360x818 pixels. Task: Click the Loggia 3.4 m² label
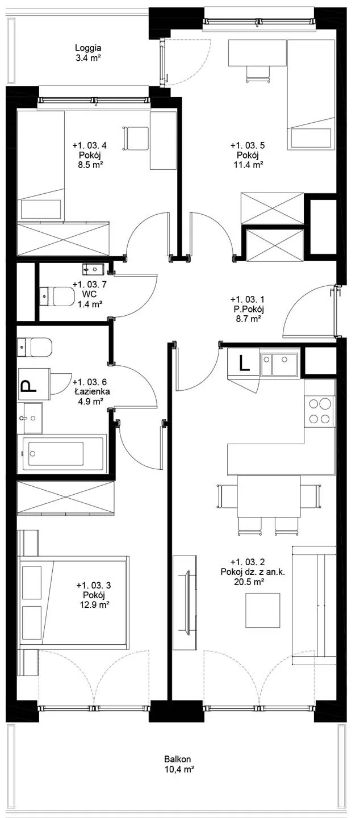tap(88, 53)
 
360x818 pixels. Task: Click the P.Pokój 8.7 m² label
tap(248, 309)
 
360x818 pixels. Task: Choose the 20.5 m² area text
tap(249, 582)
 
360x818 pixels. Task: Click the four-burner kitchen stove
tap(320, 411)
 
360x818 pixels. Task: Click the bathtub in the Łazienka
tap(62, 453)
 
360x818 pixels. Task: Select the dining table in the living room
tap(269, 496)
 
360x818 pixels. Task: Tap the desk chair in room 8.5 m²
tap(136, 139)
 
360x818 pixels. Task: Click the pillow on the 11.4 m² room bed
tap(311, 139)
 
